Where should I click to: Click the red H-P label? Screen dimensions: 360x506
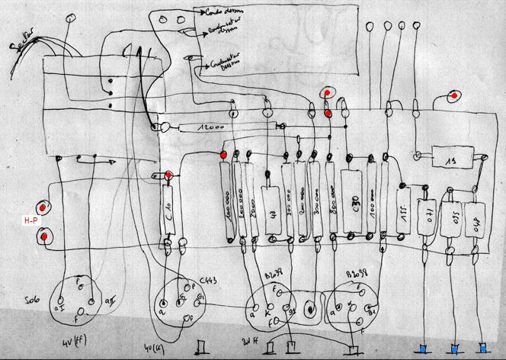31,220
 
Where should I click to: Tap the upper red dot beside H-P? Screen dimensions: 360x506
45,207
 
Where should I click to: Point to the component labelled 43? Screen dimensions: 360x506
269,211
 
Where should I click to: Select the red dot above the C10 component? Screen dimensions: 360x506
168,175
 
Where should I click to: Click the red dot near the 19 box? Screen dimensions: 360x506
455,96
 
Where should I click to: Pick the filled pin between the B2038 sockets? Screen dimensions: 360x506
312,310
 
